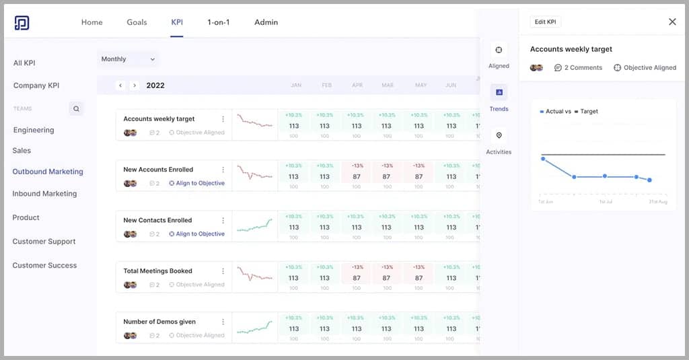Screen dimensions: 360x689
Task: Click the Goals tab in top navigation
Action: coord(137,22)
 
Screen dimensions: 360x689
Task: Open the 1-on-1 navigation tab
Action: coord(218,22)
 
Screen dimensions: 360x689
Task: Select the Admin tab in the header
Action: coord(266,22)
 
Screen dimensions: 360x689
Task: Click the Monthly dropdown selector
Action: coord(128,59)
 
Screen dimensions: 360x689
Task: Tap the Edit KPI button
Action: coord(545,22)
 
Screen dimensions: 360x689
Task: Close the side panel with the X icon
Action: coord(672,22)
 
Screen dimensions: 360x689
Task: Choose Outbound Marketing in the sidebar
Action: coord(48,172)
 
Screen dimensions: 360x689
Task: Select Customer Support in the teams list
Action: coord(44,242)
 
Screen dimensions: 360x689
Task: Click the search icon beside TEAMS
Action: coord(76,108)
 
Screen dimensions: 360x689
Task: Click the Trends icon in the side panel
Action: coord(499,92)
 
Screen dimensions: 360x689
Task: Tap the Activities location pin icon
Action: coord(499,135)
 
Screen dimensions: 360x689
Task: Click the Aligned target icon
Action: coord(499,50)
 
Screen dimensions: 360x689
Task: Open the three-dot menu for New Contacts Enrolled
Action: coord(223,221)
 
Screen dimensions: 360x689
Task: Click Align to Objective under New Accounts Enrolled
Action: coord(196,183)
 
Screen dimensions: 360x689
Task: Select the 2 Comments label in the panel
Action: coord(578,68)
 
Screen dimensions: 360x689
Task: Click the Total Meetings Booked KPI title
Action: coord(157,271)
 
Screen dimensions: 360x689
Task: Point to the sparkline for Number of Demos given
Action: coord(254,328)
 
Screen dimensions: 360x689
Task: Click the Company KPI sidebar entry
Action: coord(36,85)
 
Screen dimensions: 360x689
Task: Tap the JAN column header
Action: coord(295,85)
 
